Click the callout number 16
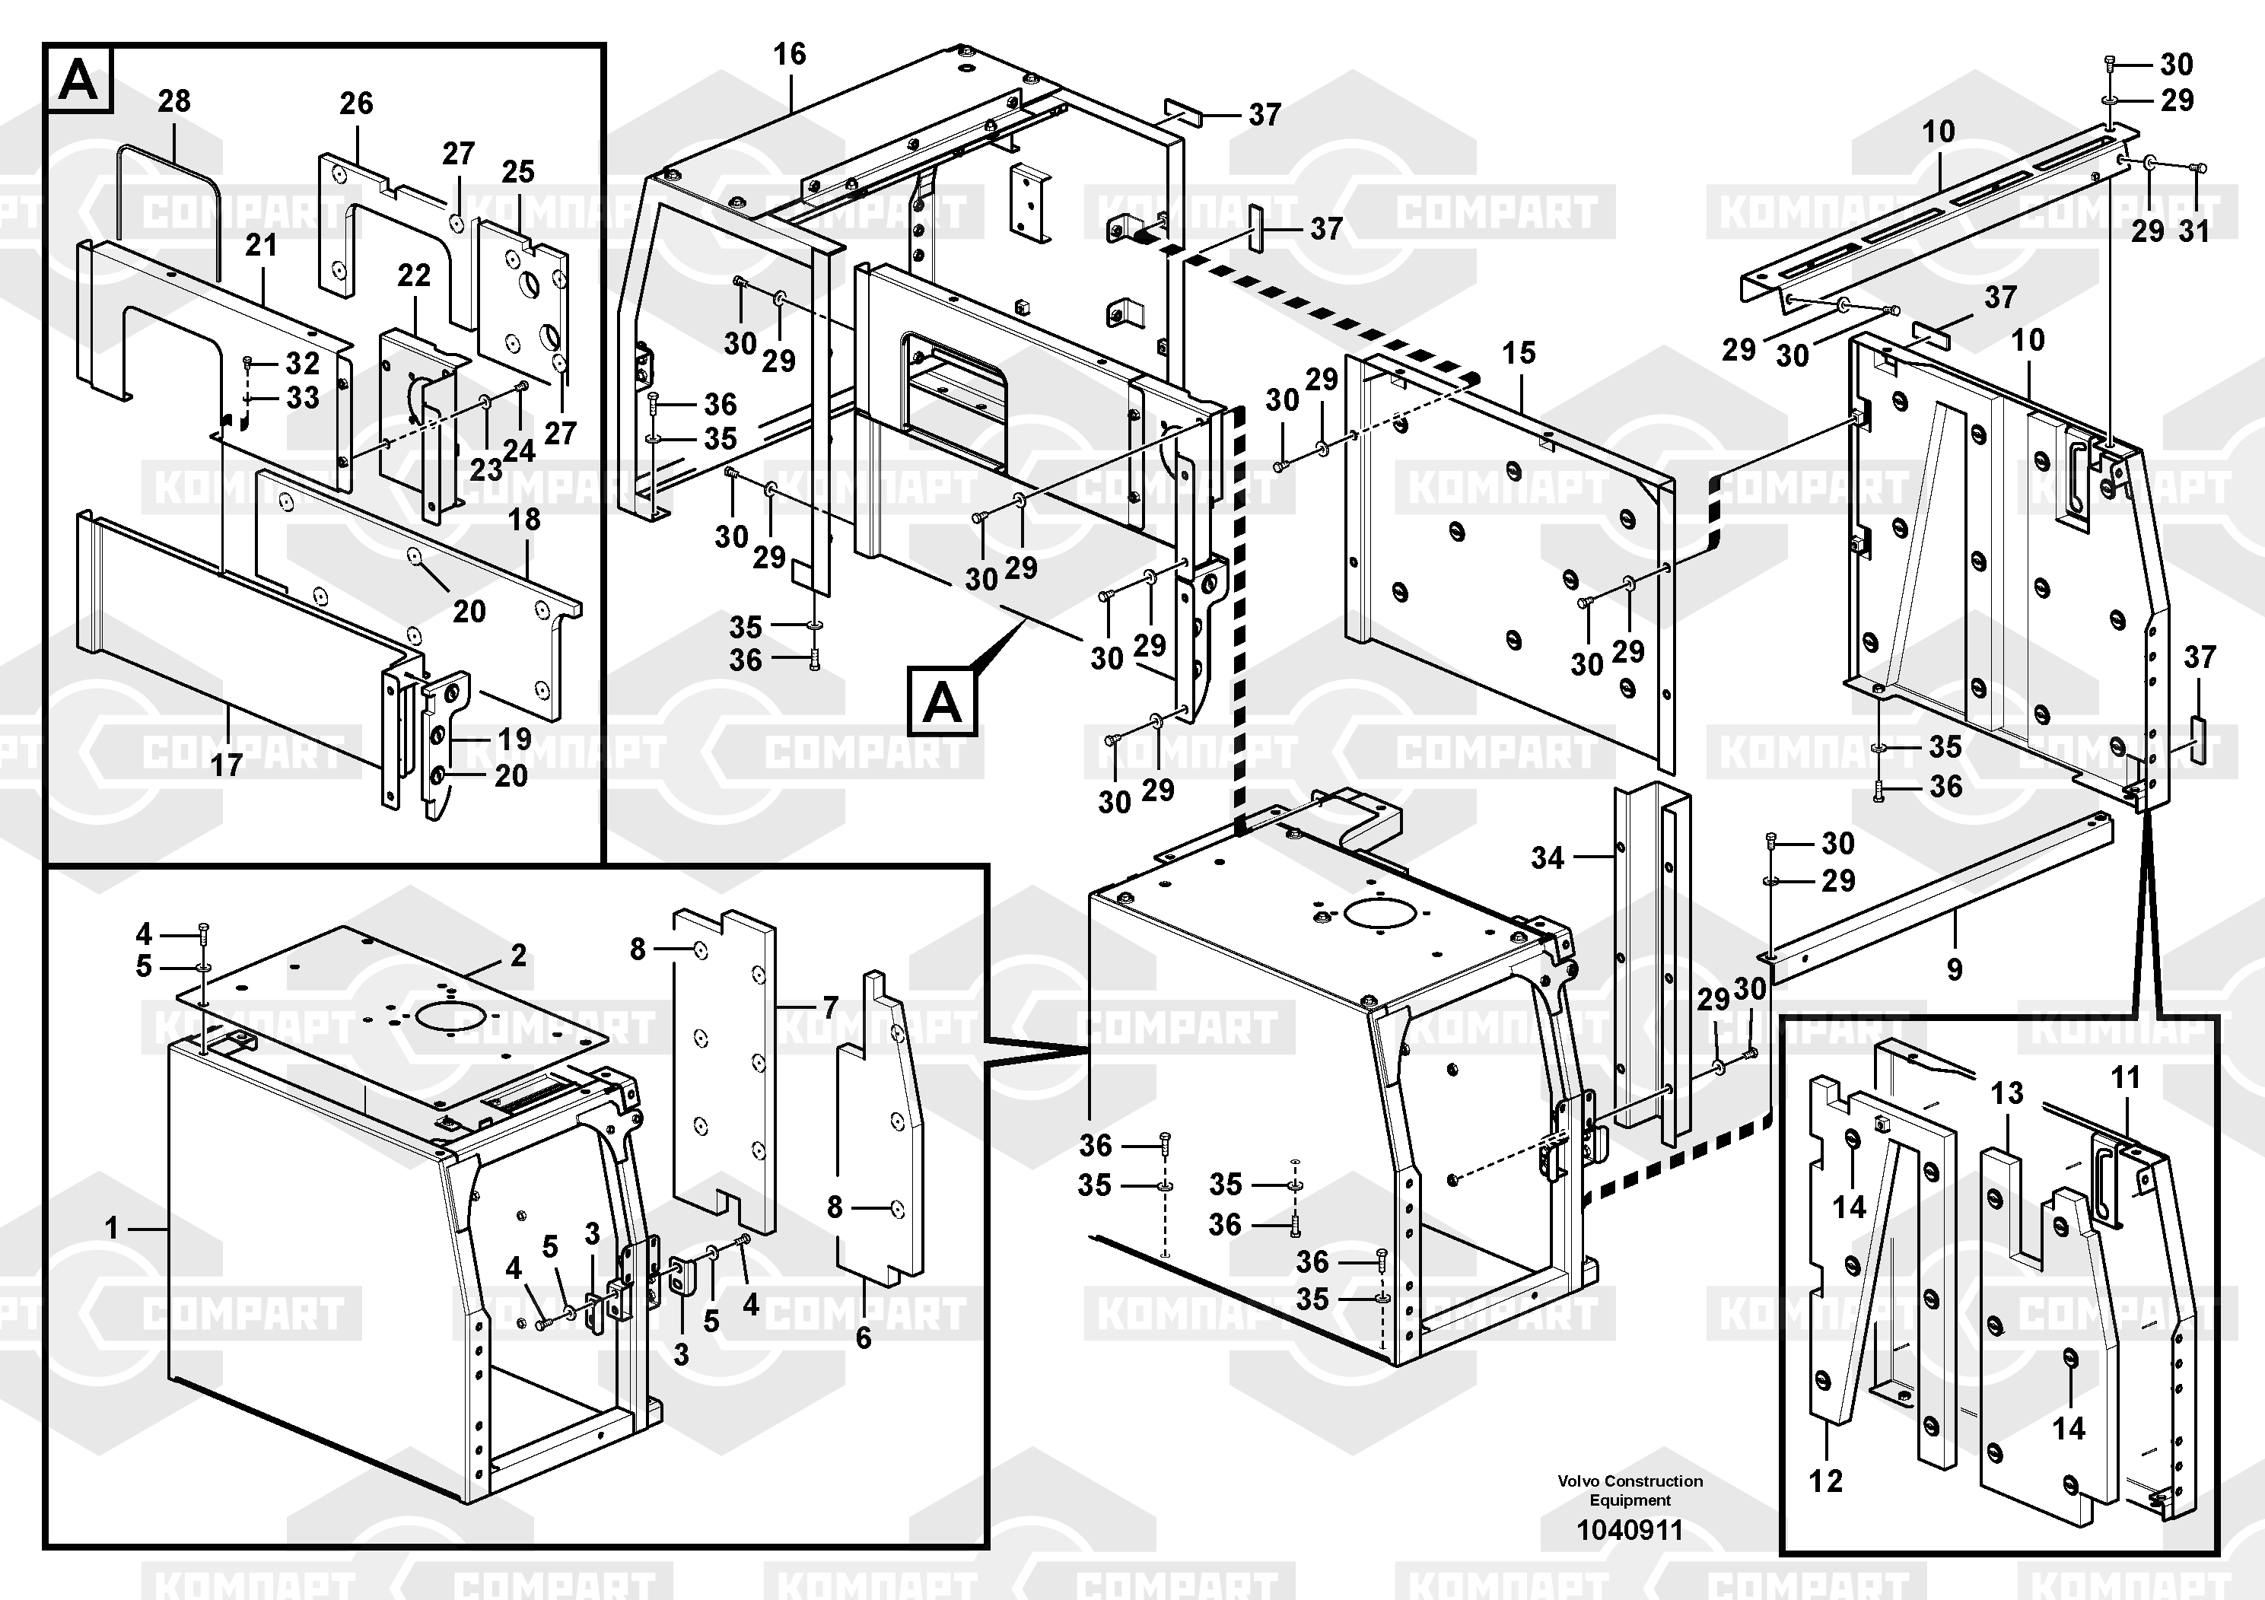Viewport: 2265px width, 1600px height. coord(789,54)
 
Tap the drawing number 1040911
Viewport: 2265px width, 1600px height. coord(1630,1530)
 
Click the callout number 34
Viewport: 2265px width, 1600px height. coord(1548,858)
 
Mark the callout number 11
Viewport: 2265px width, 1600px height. coord(2125,1077)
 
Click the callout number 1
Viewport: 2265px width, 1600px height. coord(112,1228)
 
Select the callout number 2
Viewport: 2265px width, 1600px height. coord(519,955)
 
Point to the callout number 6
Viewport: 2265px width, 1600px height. coord(864,1338)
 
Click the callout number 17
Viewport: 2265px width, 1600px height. coord(227,765)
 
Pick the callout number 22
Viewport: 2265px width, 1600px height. coord(415,275)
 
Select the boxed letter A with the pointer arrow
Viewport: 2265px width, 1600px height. coord(942,702)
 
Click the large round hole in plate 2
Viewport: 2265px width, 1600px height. coord(452,1015)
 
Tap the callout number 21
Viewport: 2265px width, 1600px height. coord(262,245)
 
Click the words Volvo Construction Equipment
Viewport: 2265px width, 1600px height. coord(1630,1490)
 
